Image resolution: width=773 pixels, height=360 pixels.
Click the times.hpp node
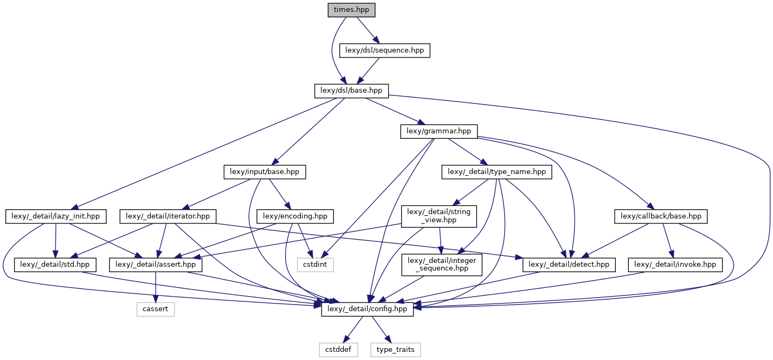(351, 10)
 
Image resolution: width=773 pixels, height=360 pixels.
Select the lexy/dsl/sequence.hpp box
(384, 50)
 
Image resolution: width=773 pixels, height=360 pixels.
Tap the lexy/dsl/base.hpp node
(351, 91)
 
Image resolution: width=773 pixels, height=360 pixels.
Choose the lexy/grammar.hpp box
(439, 131)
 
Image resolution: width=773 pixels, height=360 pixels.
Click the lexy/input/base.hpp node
(265, 172)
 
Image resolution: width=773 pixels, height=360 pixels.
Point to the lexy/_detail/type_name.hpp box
(497, 172)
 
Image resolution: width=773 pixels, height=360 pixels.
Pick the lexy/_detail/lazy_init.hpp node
(56, 216)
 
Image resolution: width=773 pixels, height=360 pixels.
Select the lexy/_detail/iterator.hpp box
(168, 216)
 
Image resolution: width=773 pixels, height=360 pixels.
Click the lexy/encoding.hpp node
(294, 216)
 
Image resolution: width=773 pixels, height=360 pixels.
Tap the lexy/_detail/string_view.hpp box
(439, 216)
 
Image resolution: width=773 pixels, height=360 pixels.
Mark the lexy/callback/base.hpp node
(661, 216)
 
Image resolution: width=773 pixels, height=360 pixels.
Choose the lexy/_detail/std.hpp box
(56, 265)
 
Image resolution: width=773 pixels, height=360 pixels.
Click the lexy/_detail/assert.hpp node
(156, 265)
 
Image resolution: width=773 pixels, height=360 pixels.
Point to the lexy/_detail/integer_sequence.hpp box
(441, 265)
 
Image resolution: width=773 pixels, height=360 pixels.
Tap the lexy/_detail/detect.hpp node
(569, 265)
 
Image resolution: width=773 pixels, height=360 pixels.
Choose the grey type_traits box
(395, 350)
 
